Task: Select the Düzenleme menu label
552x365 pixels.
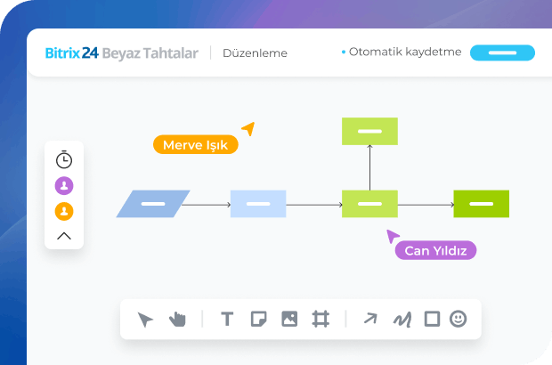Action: pos(255,53)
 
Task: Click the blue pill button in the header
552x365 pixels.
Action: pos(502,53)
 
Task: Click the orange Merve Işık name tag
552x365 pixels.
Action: pos(195,144)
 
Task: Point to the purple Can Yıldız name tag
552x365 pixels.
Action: pos(435,250)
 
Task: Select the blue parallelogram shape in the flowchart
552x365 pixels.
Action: pos(153,204)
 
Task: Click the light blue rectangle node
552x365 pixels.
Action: pos(258,204)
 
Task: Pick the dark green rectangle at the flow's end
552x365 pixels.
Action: pos(481,204)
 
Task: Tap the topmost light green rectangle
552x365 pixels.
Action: pos(369,131)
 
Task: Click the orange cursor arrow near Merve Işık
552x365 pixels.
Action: pos(248,129)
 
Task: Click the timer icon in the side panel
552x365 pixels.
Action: pos(64,160)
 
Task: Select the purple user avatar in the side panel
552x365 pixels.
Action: pos(64,185)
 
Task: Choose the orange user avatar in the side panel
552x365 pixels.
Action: pos(64,211)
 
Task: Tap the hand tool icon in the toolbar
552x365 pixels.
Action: pos(177,319)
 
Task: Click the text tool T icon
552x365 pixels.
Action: pos(227,319)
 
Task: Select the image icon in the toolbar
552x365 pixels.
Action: pos(288,319)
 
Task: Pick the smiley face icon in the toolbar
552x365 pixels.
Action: pos(458,318)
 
